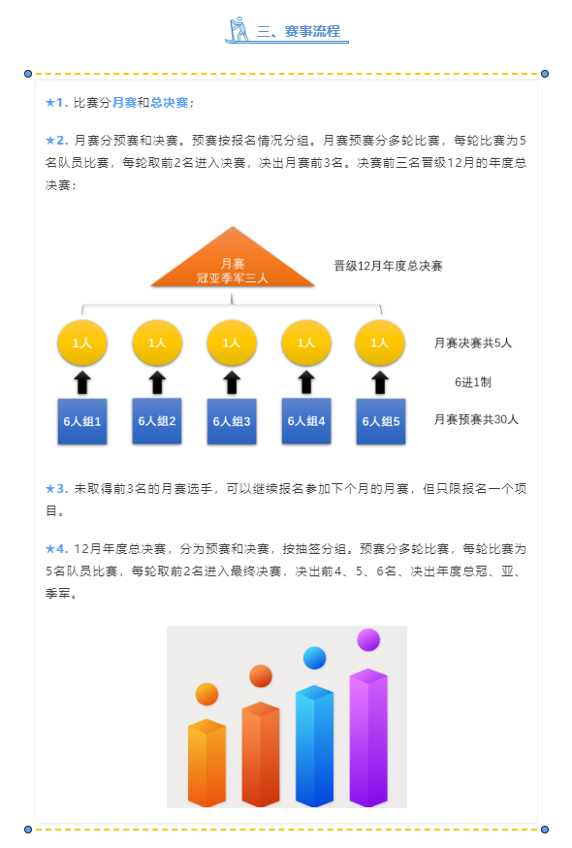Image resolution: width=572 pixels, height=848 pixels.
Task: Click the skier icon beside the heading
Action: click(238, 29)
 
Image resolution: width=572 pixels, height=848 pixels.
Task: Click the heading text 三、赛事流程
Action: click(299, 31)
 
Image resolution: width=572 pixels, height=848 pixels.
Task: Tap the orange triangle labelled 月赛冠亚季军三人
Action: click(233, 257)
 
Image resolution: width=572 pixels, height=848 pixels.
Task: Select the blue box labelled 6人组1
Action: click(82, 421)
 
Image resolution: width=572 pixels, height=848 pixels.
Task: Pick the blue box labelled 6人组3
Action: click(232, 421)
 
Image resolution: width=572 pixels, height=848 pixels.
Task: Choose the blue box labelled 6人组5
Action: click(381, 421)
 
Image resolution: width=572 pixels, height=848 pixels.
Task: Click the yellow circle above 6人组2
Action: click(157, 342)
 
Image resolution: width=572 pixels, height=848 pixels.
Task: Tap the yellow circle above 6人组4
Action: click(306, 342)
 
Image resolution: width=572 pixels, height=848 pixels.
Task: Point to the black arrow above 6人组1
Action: click(82, 382)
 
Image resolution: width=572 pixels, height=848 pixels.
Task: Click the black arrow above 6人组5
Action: click(380, 382)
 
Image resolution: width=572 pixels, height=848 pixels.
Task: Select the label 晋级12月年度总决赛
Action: click(388, 266)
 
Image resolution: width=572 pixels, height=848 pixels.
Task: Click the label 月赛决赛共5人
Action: click(473, 342)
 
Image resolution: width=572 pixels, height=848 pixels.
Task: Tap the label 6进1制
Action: click(473, 382)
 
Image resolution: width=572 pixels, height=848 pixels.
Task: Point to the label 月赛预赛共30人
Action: click(476, 420)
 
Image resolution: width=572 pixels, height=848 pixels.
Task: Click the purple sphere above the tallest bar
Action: click(368, 639)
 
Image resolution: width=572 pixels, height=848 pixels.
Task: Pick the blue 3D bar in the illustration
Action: click(315, 746)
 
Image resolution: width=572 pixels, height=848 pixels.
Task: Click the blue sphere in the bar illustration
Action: click(315, 658)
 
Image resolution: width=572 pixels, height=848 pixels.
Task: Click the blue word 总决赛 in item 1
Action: click(170, 103)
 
